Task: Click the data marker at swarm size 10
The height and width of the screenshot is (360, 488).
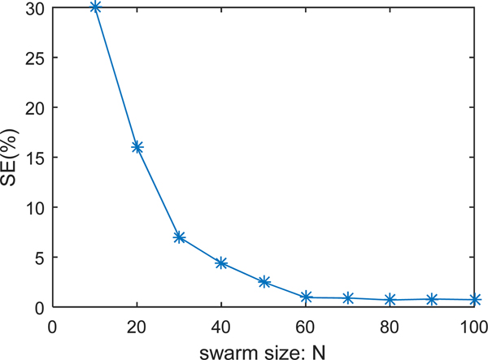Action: tap(95, 7)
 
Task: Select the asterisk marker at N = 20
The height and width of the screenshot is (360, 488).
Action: tap(137, 147)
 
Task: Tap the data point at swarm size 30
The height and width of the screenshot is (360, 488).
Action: tap(180, 237)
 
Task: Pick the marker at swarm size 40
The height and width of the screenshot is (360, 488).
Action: tap(222, 263)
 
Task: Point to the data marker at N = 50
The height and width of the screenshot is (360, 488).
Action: tap(264, 282)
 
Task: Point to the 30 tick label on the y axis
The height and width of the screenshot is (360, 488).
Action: tap(36, 8)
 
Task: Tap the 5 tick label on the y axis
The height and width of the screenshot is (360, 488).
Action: tap(41, 258)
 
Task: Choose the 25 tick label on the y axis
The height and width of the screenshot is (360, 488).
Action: tap(36, 58)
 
